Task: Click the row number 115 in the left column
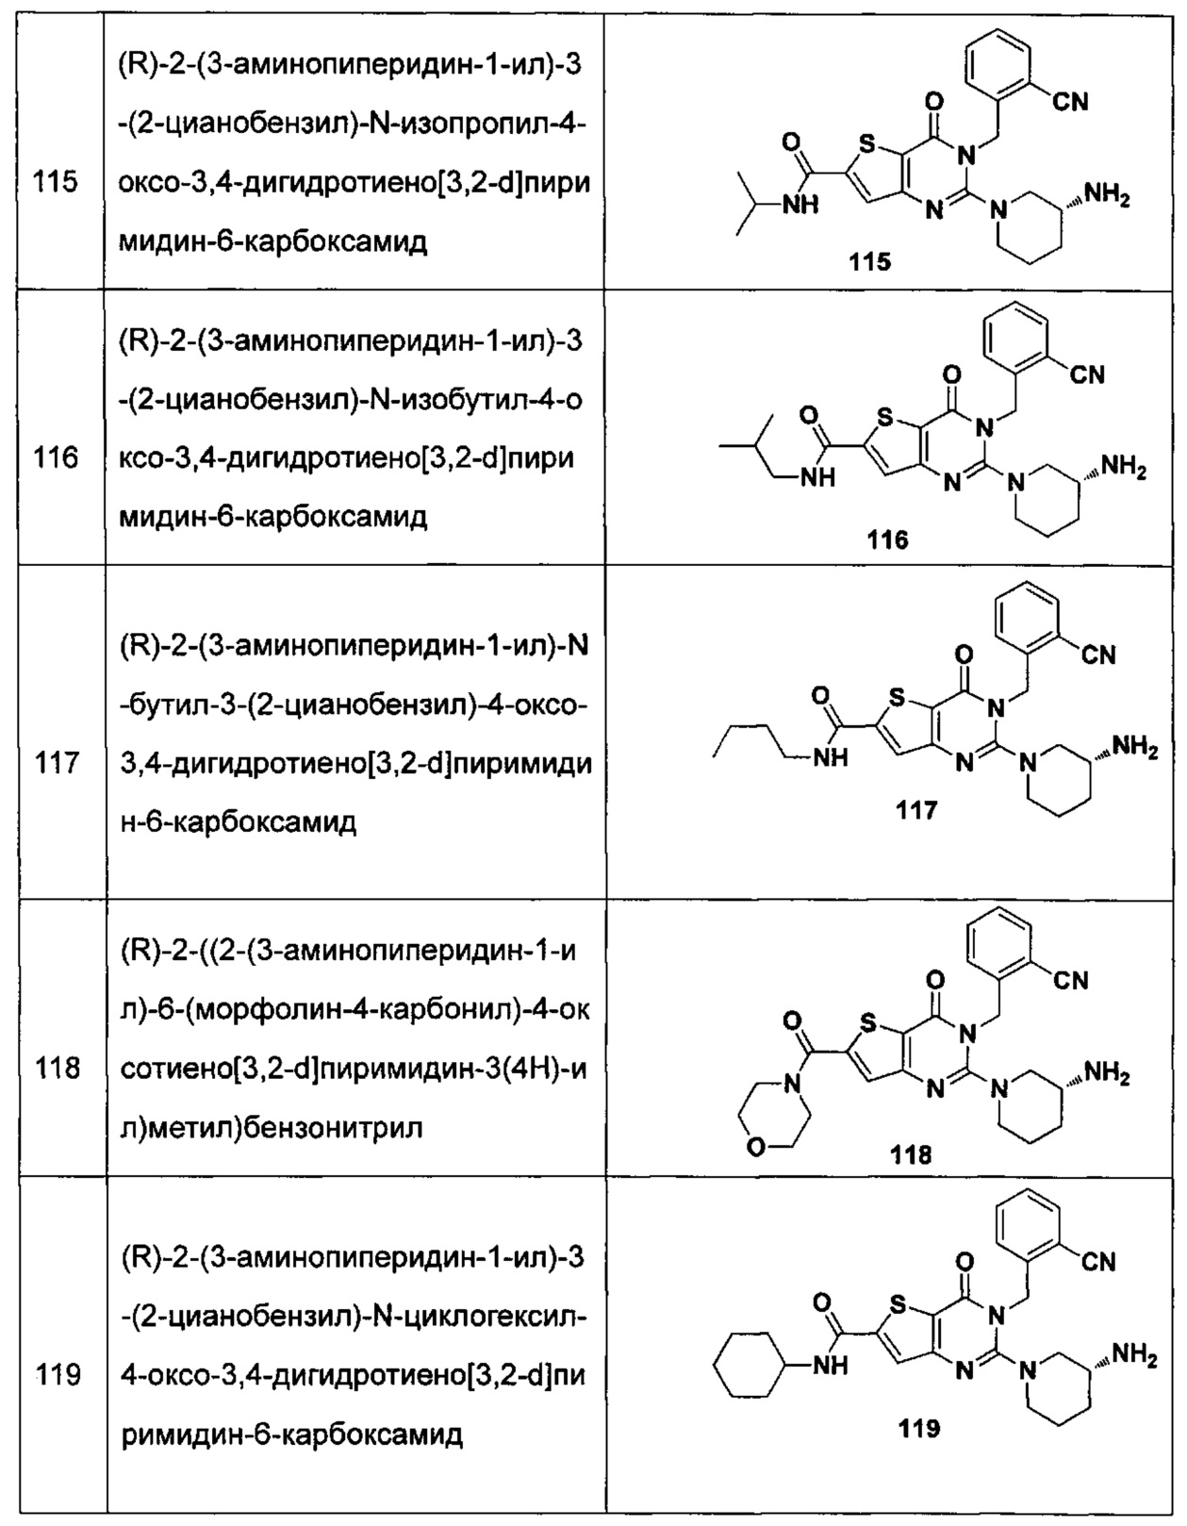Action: coord(56,183)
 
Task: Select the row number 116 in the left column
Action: coord(56,458)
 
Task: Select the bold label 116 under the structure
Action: coord(887,539)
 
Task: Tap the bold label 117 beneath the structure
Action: coord(916,810)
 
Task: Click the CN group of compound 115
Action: coord(1070,103)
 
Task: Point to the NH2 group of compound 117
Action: coord(1134,749)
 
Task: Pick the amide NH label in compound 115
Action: coord(800,205)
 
